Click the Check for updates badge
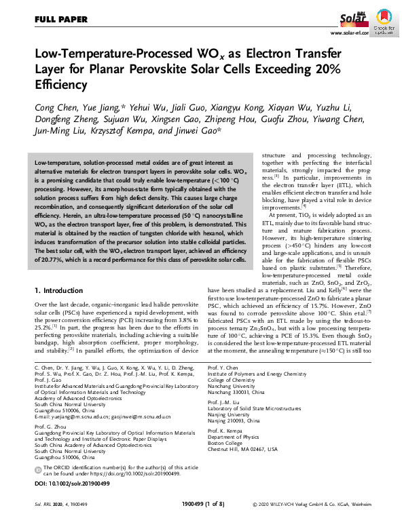[x=383, y=20]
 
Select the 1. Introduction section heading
[x=62, y=290]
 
